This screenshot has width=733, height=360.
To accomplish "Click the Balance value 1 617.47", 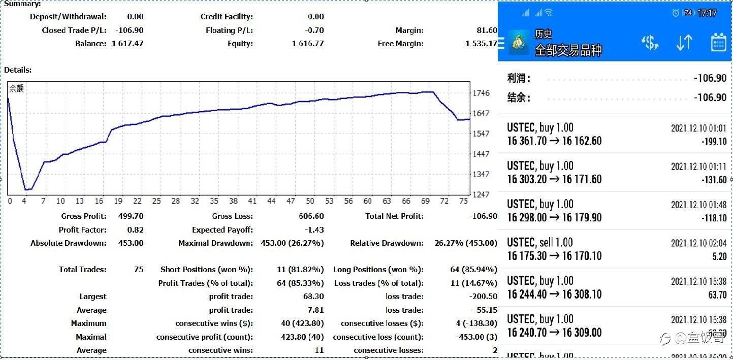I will click(128, 44).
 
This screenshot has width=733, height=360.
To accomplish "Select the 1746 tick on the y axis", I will click(481, 93).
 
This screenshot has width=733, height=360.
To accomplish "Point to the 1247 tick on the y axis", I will click(481, 194).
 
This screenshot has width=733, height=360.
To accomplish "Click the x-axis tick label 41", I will click(252, 201).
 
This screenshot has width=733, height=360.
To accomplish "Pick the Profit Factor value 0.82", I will click(136, 230).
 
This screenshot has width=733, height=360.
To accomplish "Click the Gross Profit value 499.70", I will click(131, 216).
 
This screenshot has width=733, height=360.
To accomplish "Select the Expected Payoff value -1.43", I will click(314, 230).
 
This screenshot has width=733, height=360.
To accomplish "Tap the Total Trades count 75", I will click(139, 270).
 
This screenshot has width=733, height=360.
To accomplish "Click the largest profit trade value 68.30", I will click(313, 297).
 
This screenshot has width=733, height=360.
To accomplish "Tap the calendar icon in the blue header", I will click(718, 43).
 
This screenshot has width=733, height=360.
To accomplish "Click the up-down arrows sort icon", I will click(684, 43).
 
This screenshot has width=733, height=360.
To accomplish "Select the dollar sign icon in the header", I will click(650, 43).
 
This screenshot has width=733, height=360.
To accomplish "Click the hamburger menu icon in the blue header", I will click(502, 43).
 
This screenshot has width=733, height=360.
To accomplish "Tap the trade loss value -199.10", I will click(714, 142).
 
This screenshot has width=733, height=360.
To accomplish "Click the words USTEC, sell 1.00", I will click(540, 242).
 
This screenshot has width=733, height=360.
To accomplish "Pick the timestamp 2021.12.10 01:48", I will click(698, 205).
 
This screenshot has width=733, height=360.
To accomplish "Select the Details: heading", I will click(18, 70).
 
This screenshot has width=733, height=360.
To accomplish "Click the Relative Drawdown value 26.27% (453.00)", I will click(466, 243).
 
